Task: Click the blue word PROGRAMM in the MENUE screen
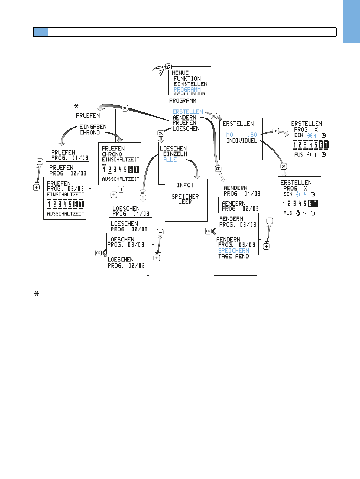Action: [x=187, y=89]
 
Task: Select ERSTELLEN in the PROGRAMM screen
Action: [x=188, y=112]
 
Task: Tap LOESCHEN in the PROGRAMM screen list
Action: [x=186, y=128]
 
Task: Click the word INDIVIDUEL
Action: [x=242, y=141]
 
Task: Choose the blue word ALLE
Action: [x=170, y=160]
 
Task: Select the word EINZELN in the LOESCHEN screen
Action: [x=175, y=154]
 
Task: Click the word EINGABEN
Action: [x=93, y=127]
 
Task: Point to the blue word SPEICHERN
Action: [x=234, y=251]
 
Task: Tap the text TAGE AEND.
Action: [x=235, y=256]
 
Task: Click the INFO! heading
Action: [x=185, y=185]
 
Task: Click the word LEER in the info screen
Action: [x=185, y=202]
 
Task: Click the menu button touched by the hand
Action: [x=169, y=66]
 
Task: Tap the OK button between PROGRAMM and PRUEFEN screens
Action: [x=125, y=108]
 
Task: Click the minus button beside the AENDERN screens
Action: [x=270, y=221]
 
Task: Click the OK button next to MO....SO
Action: [x=276, y=131]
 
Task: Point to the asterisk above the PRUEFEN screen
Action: [x=76, y=106]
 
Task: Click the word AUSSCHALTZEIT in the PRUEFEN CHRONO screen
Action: [x=121, y=179]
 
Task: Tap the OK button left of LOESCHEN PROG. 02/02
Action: [x=98, y=253]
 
